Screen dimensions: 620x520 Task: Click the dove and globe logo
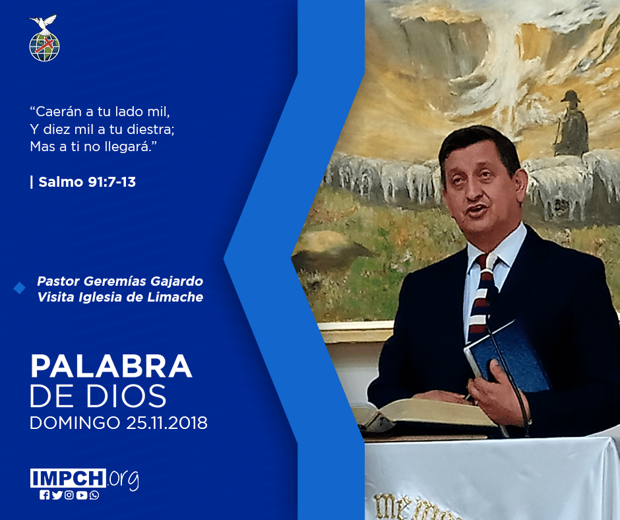[x=44, y=38]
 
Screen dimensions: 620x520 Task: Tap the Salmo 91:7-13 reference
[x=87, y=182]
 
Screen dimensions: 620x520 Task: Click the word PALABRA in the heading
[x=111, y=366]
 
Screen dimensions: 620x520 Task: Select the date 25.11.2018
[x=167, y=422]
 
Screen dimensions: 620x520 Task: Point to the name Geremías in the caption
[x=115, y=281]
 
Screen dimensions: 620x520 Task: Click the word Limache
[x=175, y=297]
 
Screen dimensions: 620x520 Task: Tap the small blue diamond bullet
[x=19, y=288]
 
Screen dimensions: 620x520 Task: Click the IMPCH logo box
[x=68, y=478]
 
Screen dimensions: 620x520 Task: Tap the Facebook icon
[x=45, y=495]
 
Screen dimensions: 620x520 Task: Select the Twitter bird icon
[x=57, y=495]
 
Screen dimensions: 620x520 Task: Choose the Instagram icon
[x=69, y=495]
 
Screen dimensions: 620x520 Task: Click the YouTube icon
[x=82, y=495]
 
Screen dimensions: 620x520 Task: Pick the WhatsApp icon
[x=94, y=495]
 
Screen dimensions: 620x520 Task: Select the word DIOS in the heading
[x=127, y=395]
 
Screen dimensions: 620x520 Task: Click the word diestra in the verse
[x=152, y=129]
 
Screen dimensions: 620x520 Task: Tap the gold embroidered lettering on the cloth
[x=415, y=508]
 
